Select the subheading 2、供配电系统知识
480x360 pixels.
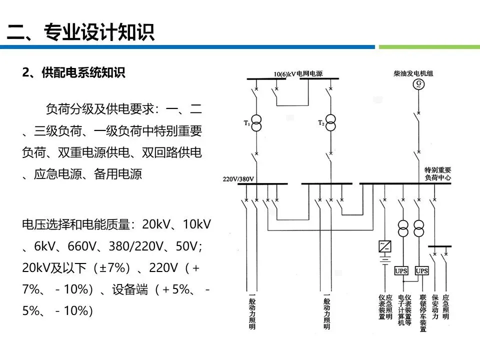point(73,73)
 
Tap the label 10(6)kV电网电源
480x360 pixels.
point(298,73)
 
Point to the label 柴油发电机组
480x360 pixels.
point(413,73)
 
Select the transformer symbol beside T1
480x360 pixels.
point(256,123)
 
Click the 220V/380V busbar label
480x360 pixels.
point(238,178)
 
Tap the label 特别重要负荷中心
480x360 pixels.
point(437,173)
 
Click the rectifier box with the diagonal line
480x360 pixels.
point(385,246)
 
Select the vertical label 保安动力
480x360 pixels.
point(434,306)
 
